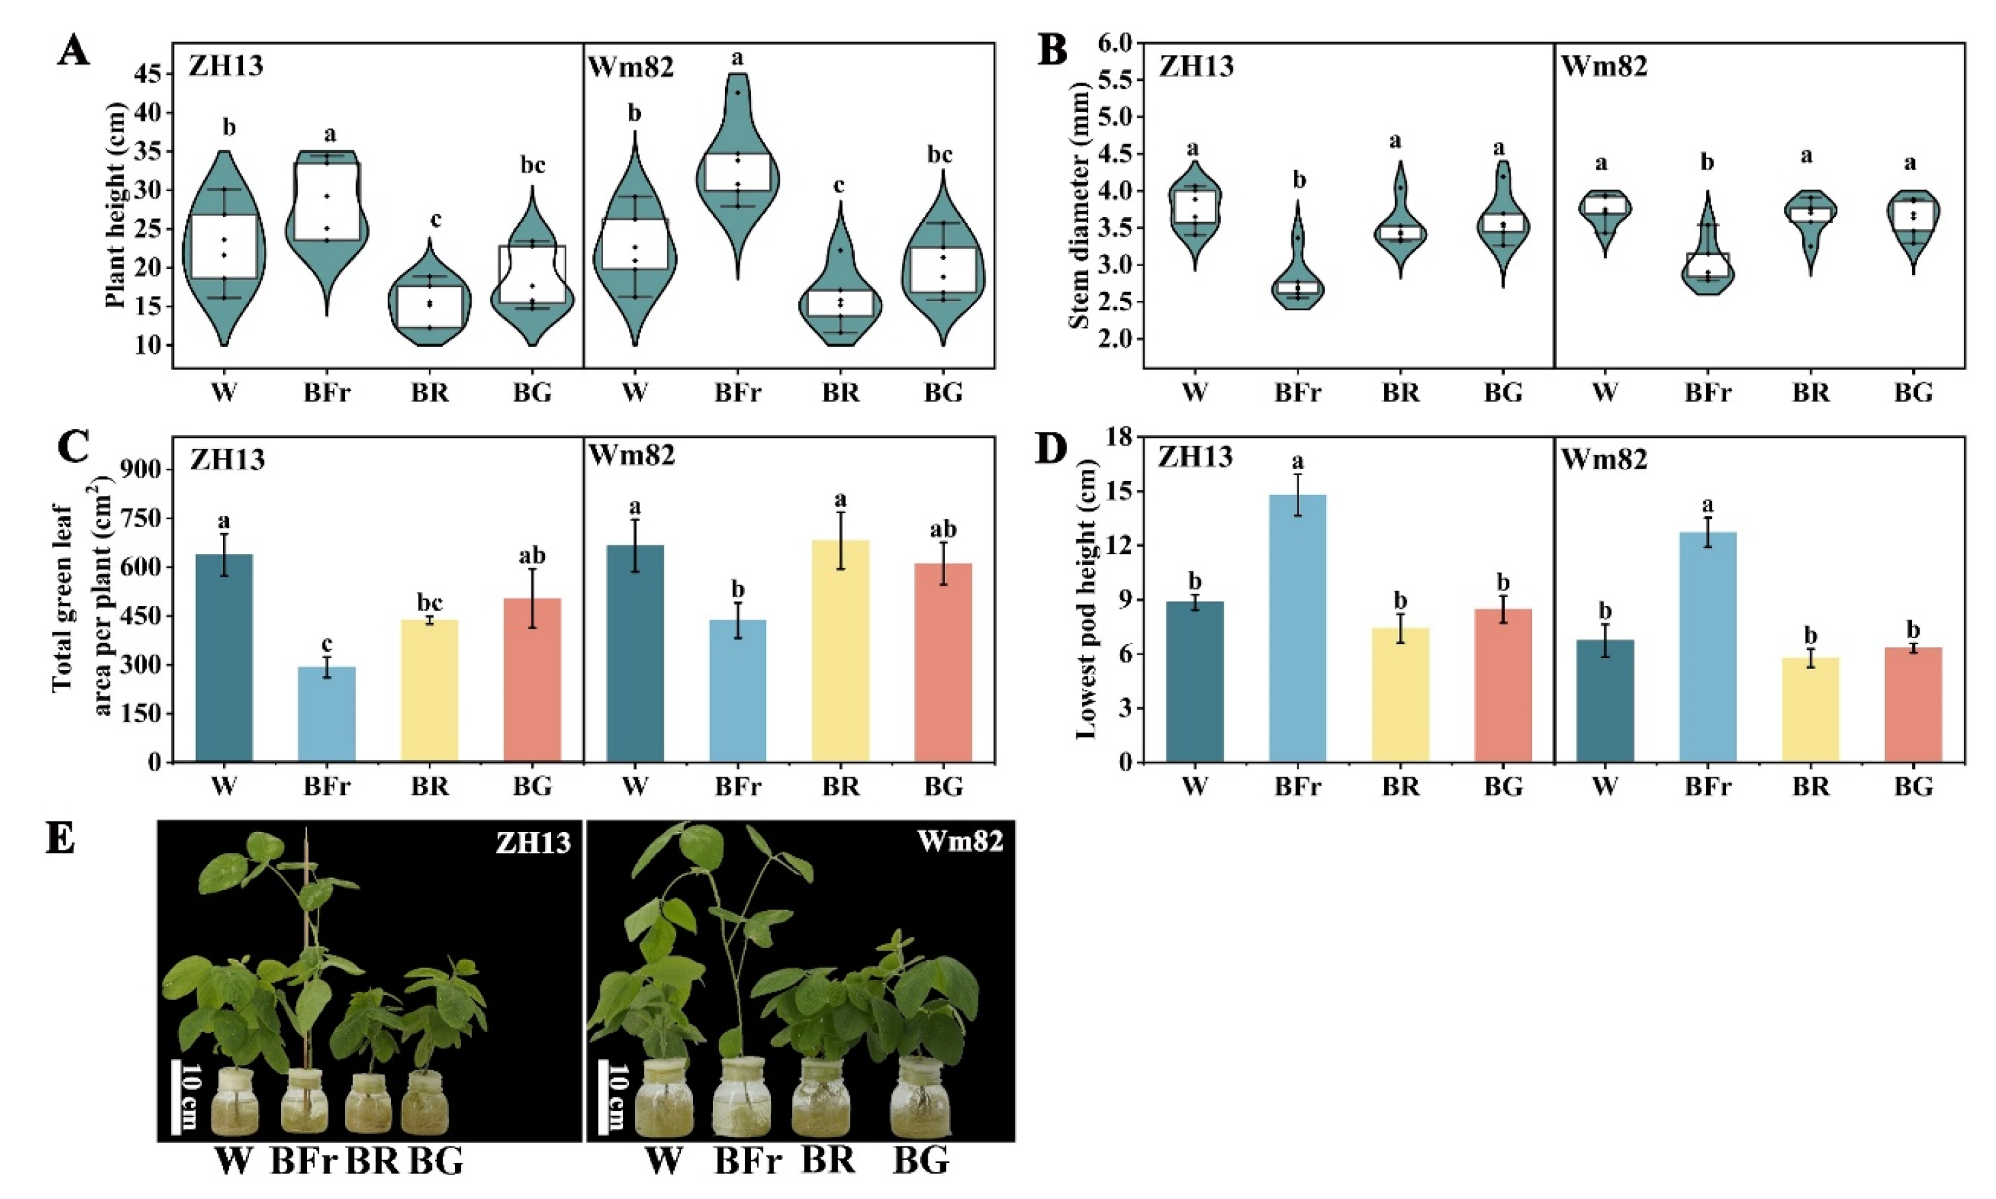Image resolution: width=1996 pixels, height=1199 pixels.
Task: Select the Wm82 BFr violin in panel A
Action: coord(737,174)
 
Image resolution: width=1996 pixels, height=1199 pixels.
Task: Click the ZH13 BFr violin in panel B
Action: coord(1297,283)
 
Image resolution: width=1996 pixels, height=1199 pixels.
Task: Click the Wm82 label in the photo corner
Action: coord(959,842)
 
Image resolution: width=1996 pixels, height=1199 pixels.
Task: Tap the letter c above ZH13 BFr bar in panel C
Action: coord(327,645)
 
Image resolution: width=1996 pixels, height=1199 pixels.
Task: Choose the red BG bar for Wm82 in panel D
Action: coord(1913,704)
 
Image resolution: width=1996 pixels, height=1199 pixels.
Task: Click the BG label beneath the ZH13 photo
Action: coord(437,1161)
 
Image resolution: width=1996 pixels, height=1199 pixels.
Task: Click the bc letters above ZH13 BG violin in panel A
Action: coord(532,166)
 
